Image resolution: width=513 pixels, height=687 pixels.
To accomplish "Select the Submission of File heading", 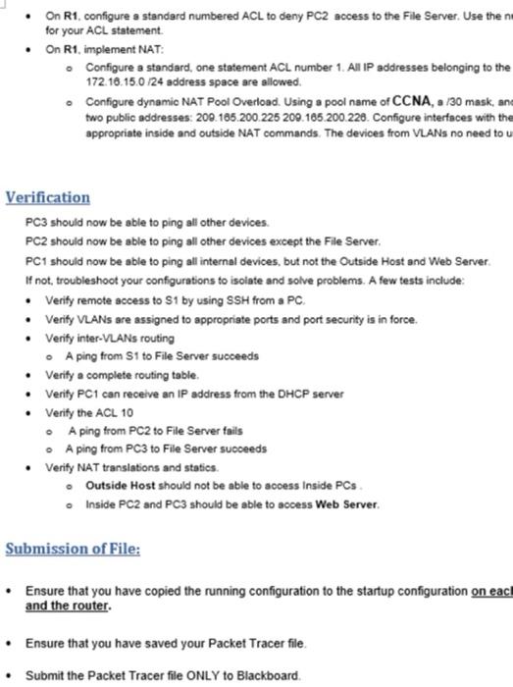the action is [73, 548].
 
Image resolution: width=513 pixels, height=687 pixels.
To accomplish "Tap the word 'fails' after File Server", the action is [203, 431].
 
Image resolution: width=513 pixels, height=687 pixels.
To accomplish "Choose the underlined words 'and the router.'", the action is [68, 606].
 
